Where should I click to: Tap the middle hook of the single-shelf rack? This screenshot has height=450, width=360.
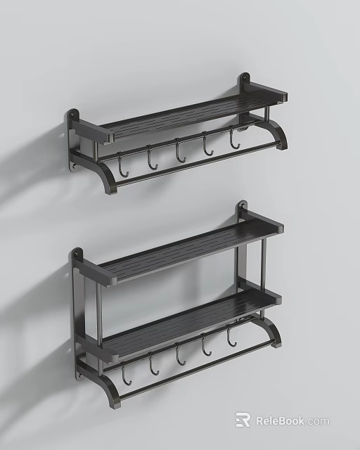(179, 153)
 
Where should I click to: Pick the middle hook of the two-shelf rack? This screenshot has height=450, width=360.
(180, 355)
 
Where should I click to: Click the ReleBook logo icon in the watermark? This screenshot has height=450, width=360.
(243, 420)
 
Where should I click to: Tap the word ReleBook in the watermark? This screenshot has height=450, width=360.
(279, 420)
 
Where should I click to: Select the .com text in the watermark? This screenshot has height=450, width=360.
(317, 421)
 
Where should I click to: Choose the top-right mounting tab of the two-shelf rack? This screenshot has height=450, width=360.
(242, 208)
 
